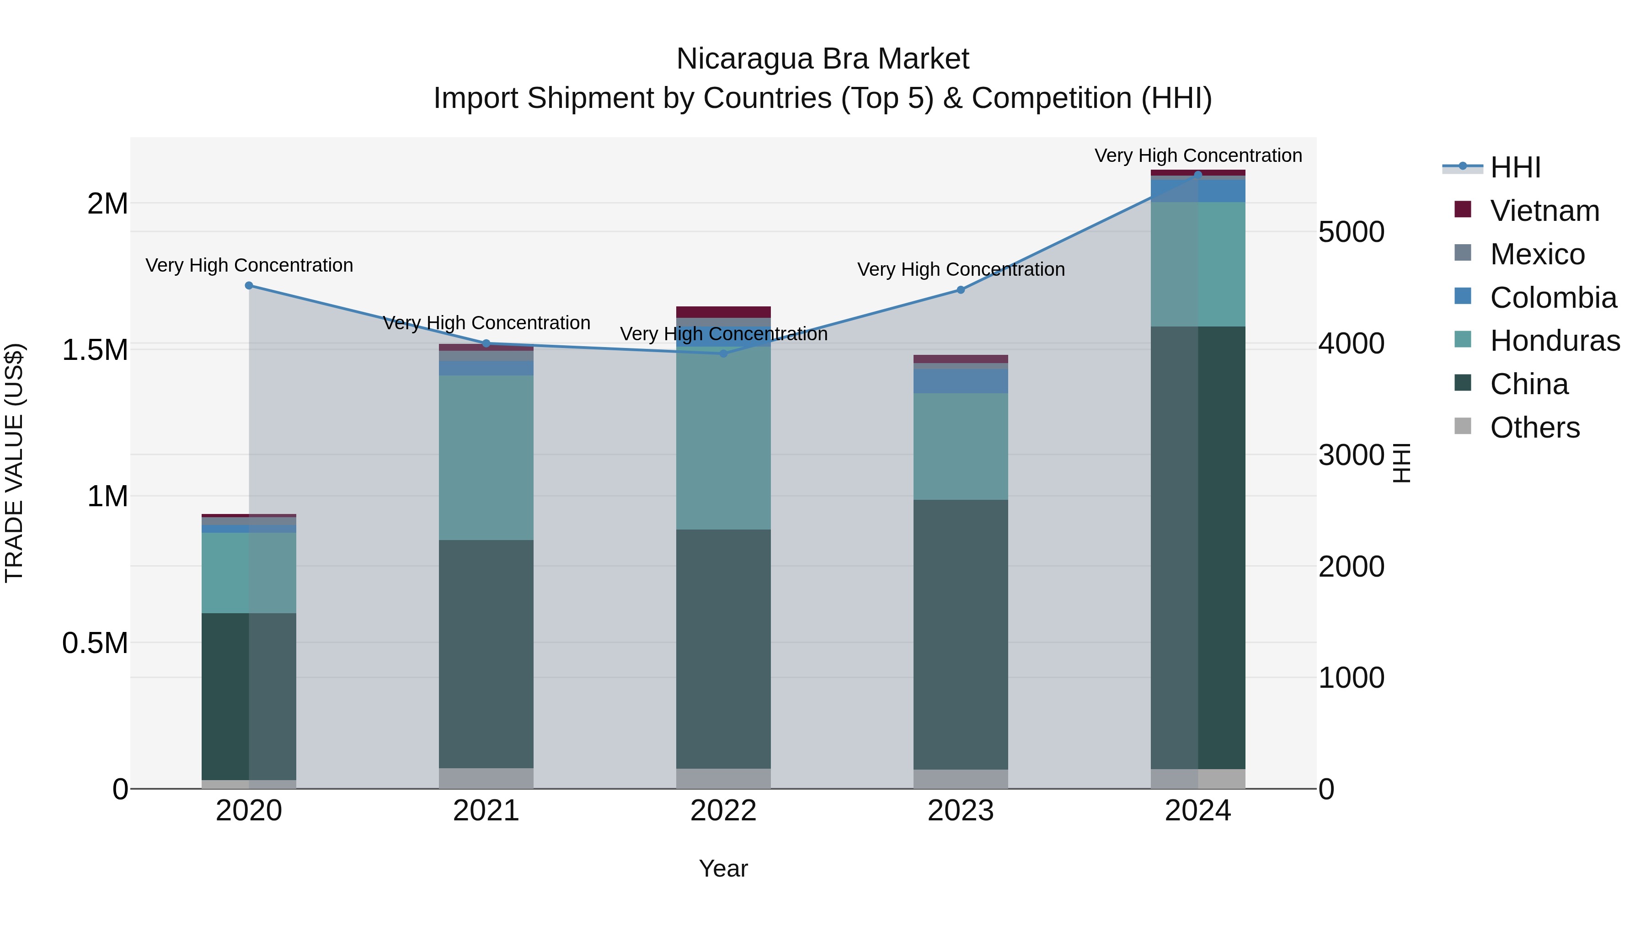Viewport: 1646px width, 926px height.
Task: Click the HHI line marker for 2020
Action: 249,286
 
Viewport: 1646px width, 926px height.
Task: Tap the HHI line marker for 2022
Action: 723,353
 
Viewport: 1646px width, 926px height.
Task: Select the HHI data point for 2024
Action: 1198,175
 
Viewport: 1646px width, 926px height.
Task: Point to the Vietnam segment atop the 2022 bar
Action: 723,312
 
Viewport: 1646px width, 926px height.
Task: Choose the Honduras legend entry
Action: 1554,341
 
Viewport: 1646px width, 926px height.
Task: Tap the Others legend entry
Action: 1534,428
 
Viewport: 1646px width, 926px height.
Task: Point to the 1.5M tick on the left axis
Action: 95,350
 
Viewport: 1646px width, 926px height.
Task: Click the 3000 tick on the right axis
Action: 1351,455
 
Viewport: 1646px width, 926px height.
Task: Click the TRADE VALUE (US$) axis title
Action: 14,463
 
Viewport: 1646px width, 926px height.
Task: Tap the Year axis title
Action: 723,868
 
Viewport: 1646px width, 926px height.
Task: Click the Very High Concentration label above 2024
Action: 1198,155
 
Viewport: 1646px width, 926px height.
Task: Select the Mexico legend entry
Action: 1537,254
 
